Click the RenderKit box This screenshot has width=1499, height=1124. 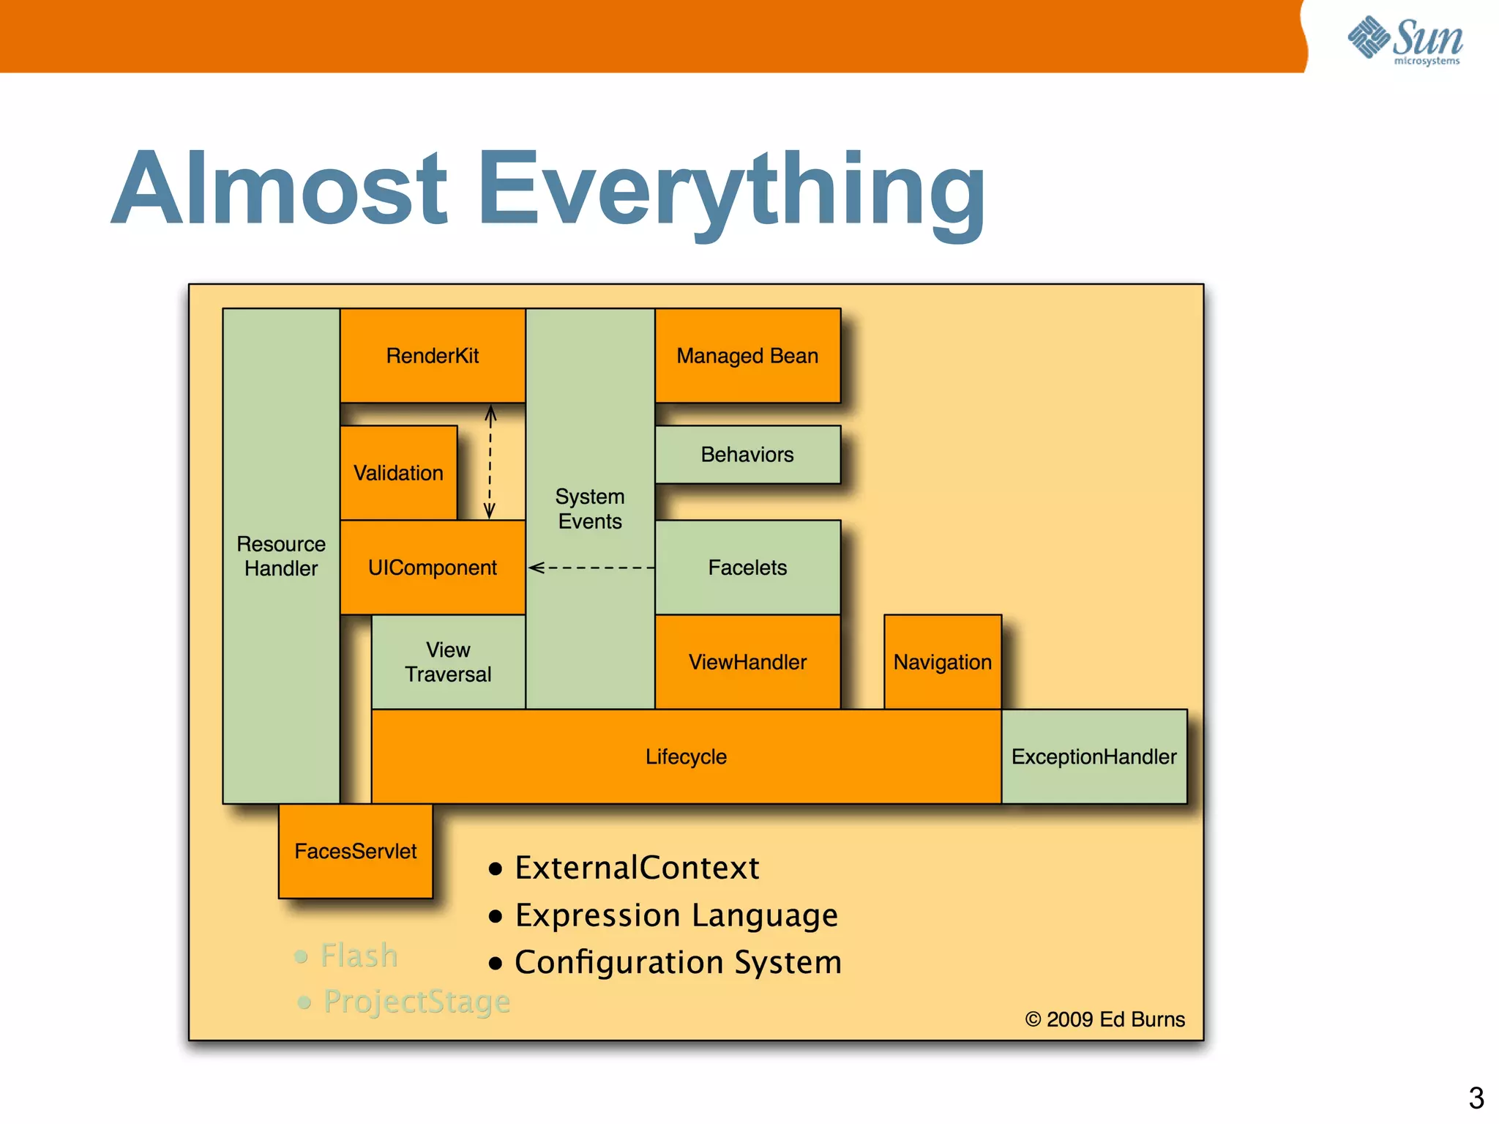[432, 356]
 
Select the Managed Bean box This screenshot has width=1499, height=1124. [747, 356]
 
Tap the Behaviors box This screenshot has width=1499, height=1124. [747, 455]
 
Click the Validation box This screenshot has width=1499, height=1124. [398, 473]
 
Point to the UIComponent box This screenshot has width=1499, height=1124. [432, 567]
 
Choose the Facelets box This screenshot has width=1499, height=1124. [747, 567]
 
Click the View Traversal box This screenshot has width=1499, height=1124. [448, 662]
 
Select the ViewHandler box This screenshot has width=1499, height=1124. [747, 662]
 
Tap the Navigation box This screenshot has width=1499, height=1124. [942, 662]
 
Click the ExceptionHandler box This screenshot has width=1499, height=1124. [1094, 756]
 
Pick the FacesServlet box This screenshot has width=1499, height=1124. [355, 851]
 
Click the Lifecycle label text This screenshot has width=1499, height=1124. [686, 756]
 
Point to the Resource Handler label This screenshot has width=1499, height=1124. [281, 557]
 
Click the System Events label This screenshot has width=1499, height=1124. [590, 509]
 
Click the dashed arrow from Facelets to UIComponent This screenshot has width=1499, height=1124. [591, 567]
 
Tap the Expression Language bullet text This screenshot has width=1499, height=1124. [676, 915]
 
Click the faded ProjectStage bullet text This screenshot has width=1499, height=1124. [416, 1002]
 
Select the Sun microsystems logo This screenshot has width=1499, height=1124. [1405, 40]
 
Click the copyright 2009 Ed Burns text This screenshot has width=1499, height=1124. [1104, 1019]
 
